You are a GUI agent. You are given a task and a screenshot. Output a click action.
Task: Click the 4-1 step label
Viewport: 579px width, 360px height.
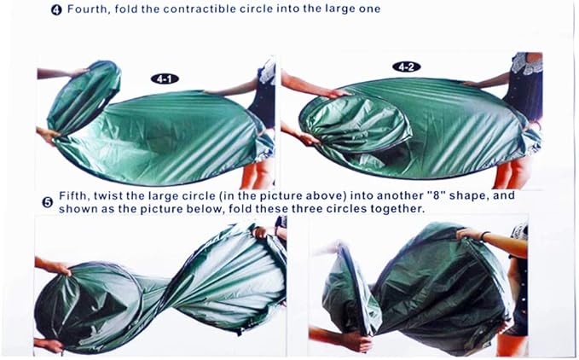coord(165,78)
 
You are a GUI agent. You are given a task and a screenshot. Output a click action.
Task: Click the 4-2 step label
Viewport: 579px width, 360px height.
coord(406,67)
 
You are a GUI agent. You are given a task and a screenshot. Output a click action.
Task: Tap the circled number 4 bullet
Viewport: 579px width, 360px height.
coord(56,9)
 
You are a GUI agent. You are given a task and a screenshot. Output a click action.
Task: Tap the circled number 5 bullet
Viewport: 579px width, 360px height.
coord(48,202)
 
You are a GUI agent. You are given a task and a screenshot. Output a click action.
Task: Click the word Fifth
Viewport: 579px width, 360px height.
coord(74,195)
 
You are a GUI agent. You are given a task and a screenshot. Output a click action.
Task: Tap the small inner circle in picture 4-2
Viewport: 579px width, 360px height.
coord(356,122)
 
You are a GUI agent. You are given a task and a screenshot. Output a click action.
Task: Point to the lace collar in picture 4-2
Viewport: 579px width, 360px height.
coord(527,63)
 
